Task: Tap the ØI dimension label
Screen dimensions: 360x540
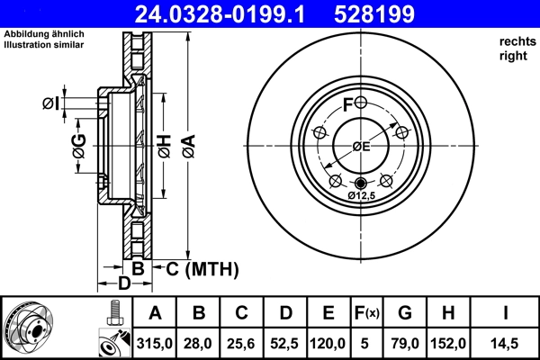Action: coord(51,103)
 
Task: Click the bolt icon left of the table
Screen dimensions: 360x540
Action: coord(113,312)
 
